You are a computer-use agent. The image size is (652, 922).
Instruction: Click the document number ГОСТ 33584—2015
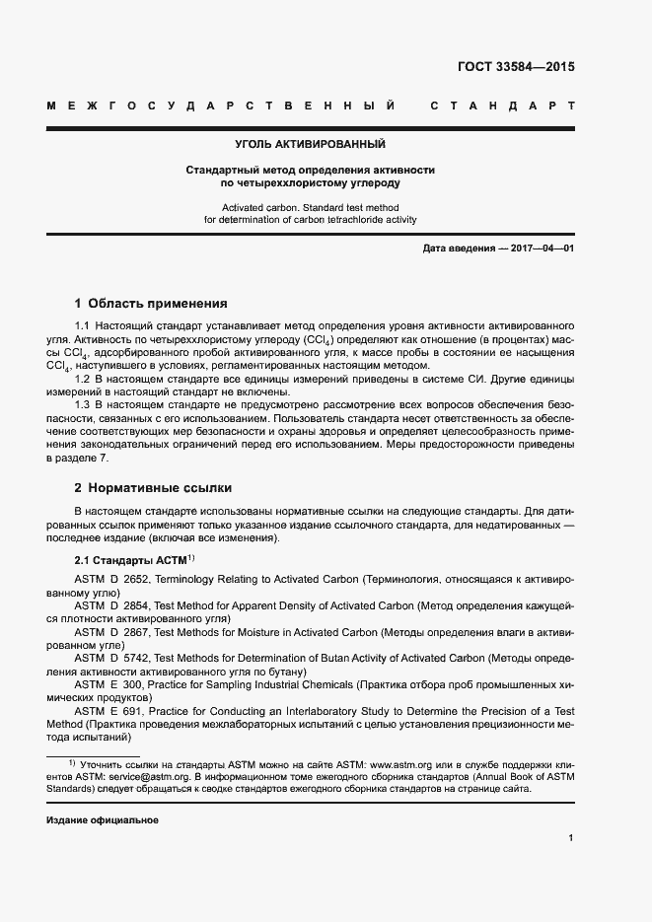point(516,68)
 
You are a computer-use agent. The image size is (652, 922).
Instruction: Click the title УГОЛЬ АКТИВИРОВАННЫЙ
point(311,145)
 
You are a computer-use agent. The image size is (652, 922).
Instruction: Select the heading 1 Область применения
point(151,303)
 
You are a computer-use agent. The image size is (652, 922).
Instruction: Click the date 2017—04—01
point(542,248)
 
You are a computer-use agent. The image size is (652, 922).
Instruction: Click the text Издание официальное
point(103,820)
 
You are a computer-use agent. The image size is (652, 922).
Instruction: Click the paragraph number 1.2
point(83,379)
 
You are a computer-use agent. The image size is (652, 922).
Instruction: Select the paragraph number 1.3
point(83,405)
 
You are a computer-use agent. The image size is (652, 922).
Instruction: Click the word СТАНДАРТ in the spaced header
point(502,105)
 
